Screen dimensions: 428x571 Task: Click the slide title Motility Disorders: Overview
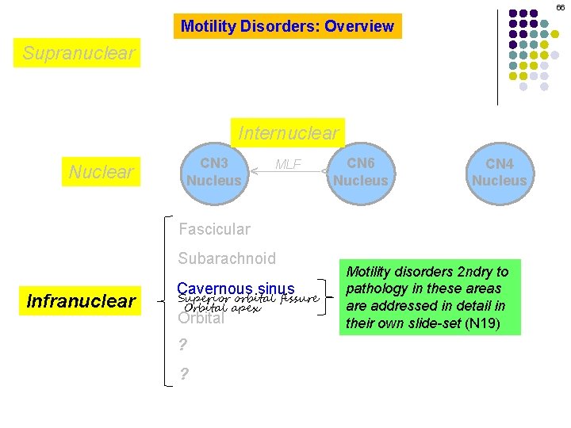coord(287,26)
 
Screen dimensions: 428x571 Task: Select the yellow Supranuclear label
coord(79,53)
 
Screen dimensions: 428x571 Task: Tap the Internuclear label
coord(288,132)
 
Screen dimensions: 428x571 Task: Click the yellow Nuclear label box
coord(101,171)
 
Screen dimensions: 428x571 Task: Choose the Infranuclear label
coord(81,301)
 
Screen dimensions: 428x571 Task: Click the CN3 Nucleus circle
coord(213,171)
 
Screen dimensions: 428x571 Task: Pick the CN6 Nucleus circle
coord(360,171)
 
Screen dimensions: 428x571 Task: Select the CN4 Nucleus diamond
coord(499,172)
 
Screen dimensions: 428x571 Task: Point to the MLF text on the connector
coord(288,164)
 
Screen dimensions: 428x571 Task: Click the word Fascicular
coord(214,229)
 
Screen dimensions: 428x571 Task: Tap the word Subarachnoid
coord(227,258)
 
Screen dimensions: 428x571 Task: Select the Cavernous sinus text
coord(236,289)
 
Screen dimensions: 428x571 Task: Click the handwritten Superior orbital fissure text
coord(247,299)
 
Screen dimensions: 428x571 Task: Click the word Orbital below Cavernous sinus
coord(201,319)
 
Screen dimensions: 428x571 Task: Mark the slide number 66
coord(560,7)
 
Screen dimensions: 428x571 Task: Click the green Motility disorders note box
coord(430,297)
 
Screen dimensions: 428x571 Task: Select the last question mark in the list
coord(183,374)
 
